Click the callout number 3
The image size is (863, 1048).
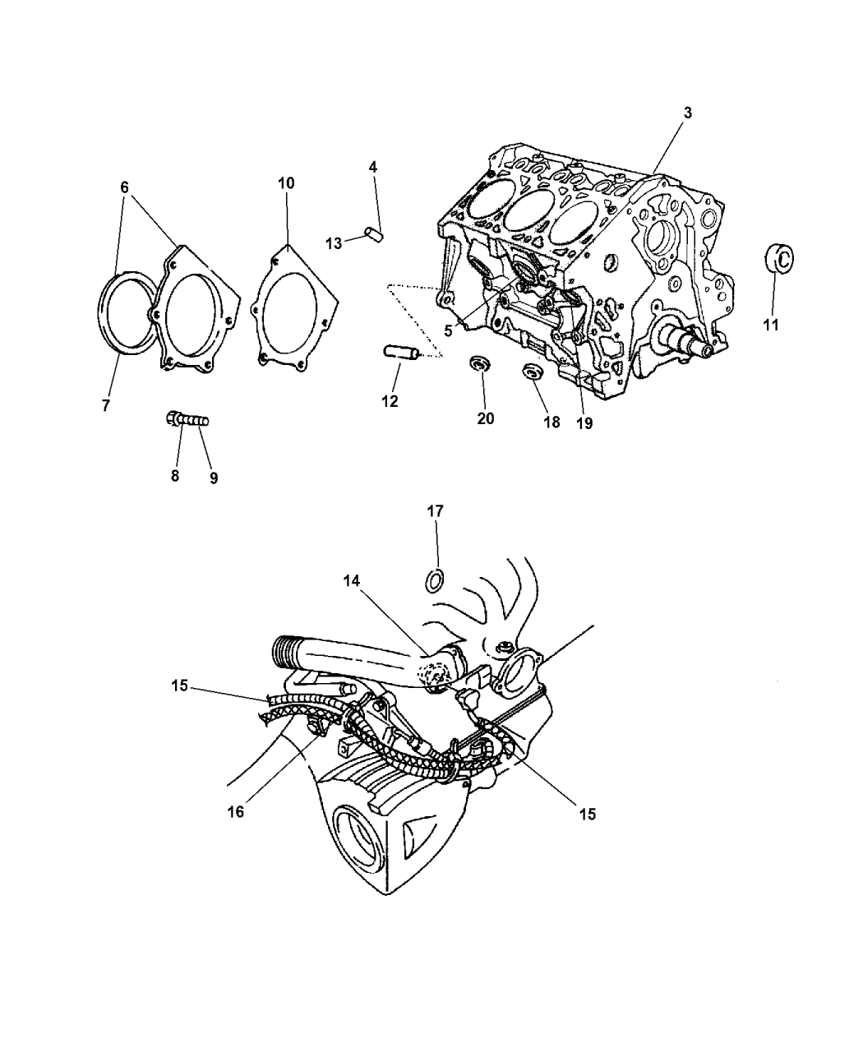click(687, 113)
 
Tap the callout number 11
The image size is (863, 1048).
click(771, 325)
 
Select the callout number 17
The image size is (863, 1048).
click(436, 511)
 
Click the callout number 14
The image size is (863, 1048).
click(352, 581)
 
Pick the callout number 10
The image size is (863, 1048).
click(286, 183)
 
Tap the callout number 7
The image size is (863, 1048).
click(105, 405)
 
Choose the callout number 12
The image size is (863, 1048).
click(390, 402)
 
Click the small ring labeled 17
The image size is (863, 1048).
click(435, 581)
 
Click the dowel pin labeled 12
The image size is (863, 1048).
click(400, 352)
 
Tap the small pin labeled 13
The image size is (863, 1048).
click(373, 234)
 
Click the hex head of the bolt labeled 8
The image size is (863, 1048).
click(173, 418)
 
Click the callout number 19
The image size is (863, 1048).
click(584, 423)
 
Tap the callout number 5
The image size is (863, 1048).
click(448, 330)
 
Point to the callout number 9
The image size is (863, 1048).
click(214, 478)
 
